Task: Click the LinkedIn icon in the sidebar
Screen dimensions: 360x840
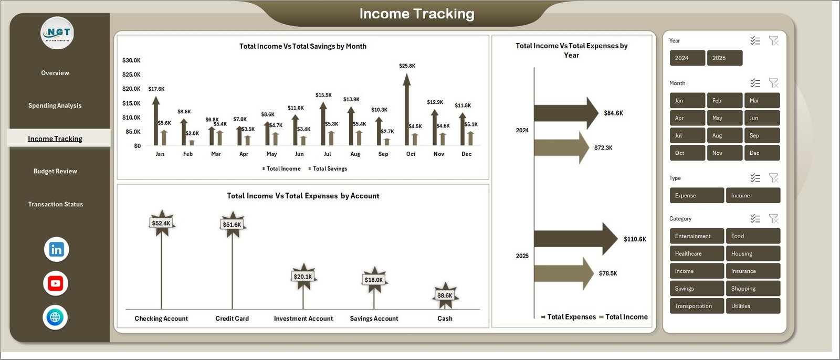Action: pos(56,249)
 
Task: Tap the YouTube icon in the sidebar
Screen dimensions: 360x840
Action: pos(56,283)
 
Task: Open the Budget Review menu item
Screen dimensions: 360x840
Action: pos(55,171)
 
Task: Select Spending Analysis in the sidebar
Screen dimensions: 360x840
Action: pos(55,105)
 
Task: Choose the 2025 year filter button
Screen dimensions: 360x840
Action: pos(724,58)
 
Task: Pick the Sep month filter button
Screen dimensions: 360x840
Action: pos(761,135)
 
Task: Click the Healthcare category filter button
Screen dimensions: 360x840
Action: pos(696,253)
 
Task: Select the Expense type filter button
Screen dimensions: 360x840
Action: pos(696,195)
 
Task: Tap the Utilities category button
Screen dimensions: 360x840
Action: pos(753,306)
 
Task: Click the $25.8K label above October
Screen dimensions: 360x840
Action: pos(407,66)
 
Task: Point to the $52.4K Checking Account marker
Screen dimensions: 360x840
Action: pos(161,224)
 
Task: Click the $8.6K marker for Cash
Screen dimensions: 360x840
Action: pos(445,295)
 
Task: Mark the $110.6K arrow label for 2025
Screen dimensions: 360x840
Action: pos(635,239)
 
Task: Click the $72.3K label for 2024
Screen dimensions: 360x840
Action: pos(603,148)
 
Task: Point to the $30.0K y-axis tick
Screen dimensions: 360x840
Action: pos(131,60)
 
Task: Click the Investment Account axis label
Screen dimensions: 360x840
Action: pos(303,319)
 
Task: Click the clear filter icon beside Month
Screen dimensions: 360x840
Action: pos(773,83)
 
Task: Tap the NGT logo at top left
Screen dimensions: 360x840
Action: pos(57,33)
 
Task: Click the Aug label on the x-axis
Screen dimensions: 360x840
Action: pos(355,154)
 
